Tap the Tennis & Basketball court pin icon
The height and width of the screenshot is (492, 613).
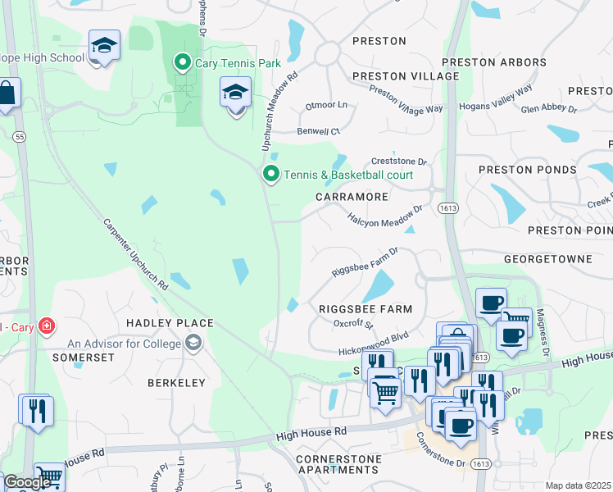(x=271, y=174)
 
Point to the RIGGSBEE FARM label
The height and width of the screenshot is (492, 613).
(x=365, y=308)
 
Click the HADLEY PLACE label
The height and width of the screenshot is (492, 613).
(x=170, y=323)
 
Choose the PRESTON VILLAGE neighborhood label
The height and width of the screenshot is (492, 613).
(x=405, y=76)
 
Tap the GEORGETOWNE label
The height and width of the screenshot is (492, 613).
(x=547, y=258)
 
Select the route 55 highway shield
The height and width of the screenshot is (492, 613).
(x=18, y=137)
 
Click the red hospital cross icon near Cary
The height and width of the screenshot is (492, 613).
(x=47, y=326)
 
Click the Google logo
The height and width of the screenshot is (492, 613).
(x=26, y=482)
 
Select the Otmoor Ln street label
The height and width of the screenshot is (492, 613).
(x=326, y=106)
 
